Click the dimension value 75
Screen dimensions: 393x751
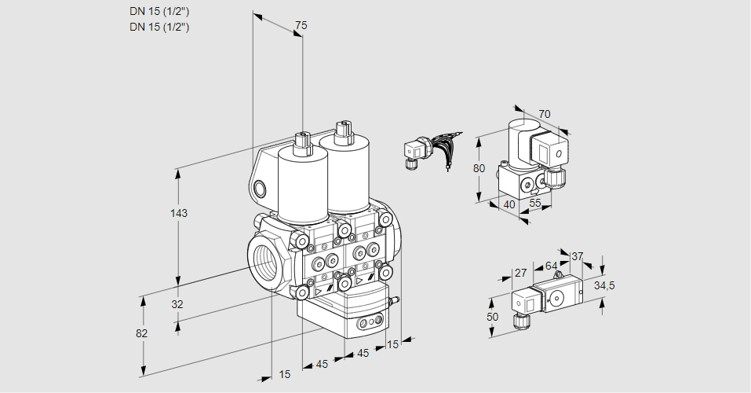click(300, 26)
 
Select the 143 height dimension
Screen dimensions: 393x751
click(180, 213)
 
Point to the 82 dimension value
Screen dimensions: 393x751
click(141, 333)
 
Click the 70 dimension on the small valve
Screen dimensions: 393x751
click(545, 114)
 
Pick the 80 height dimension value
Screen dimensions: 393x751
click(479, 167)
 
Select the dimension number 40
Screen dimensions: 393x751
click(509, 204)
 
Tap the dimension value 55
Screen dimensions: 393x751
click(536, 203)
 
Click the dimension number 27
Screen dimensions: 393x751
click(519, 274)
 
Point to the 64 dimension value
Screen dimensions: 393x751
click(551, 266)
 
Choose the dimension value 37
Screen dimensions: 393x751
click(577, 256)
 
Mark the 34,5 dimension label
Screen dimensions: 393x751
click(604, 285)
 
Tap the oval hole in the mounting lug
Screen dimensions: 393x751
click(261, 188)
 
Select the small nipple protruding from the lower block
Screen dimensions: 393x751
click(395, 299)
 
